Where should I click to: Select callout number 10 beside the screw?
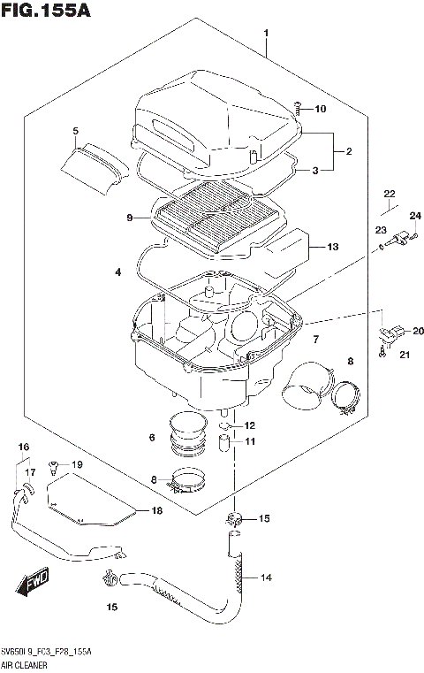[319, 110]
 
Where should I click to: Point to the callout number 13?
[333, 247]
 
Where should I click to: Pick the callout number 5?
[75, 132]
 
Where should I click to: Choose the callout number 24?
[415, 215]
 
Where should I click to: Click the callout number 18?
[157, 511]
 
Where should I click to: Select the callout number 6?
[152, 437]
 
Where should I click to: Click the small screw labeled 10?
[298, 109]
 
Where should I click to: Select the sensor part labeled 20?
[389, 334]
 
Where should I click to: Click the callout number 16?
[24, 447]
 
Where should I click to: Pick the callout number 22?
[390, 193]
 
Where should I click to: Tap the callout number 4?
[117, 273]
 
